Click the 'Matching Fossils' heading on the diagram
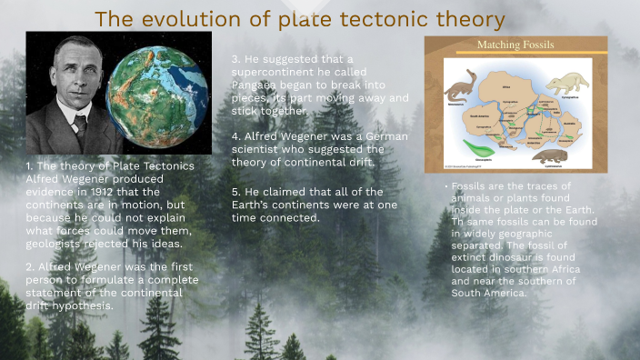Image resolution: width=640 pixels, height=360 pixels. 515,45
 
